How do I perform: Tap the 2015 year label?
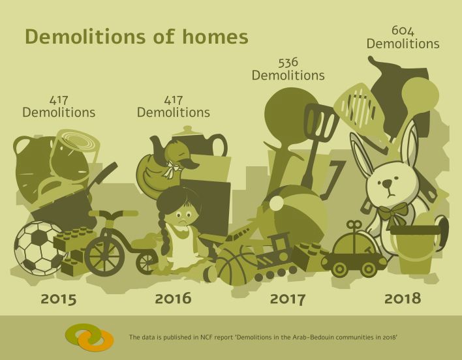(x=59, y=299)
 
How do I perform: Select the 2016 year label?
(x=174, y=298)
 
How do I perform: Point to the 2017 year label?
(x=288, y=299)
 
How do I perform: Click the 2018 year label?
(x=403, y=298)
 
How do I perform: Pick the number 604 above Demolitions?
(x=403, y=31)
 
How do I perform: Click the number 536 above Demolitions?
(x=288, y=63)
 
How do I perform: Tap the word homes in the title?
(x=215, y=37)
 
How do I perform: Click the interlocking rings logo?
(x=89, y=337)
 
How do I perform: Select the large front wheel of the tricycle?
(x=104, y=256)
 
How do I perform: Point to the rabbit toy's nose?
(x=387, y=185)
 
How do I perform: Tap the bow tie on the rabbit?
(x=393, y=213)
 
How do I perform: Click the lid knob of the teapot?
(x=187, y=128)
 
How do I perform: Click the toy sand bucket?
(x=416, y=247)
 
